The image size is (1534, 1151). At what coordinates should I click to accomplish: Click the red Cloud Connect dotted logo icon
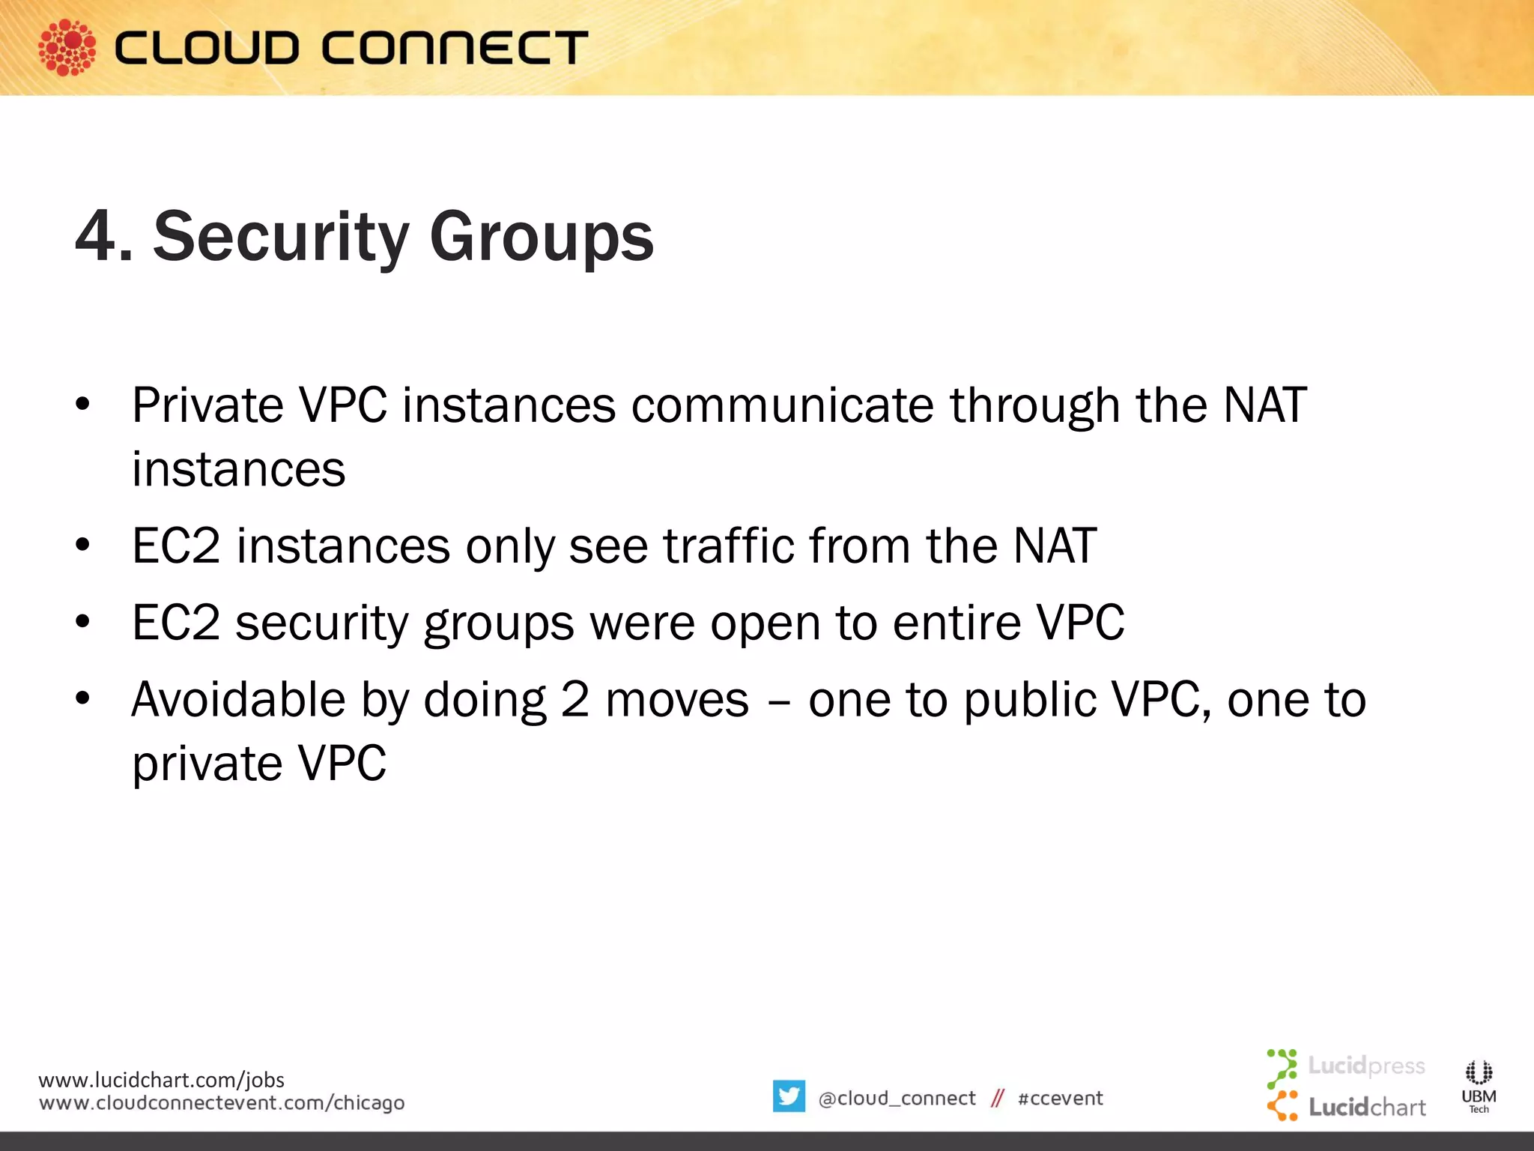tap(67, 47)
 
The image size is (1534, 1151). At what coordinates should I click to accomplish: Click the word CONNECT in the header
tap(455, 48)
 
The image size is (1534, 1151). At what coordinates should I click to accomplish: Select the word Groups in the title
tap(542, 238)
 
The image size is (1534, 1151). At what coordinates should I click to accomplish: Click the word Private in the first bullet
tap(207, 405)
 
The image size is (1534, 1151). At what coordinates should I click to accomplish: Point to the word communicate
tap(783, 405)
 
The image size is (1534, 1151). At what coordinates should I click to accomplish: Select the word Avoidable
tap(238, 700)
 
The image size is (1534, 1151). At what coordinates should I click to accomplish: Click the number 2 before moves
tap(575, 700)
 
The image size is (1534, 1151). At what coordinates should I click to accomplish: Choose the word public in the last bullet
tap(1029, 701)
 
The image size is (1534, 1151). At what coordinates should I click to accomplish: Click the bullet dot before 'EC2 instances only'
tap(82, 545)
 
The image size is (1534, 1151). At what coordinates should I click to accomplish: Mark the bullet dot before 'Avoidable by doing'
tap(82, 698)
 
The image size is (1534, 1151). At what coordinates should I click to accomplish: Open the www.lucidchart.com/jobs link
tap(161, 1080)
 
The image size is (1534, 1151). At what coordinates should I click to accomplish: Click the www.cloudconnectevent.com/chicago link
tap(222, 1103)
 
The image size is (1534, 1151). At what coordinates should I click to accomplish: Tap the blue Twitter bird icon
tap(789, 1096)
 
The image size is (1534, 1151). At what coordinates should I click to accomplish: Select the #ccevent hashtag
tap(1060, 1099)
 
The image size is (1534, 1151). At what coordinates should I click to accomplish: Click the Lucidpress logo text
tap(1365, 1066)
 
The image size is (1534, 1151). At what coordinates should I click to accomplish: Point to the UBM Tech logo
tap(1479, 1086)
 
